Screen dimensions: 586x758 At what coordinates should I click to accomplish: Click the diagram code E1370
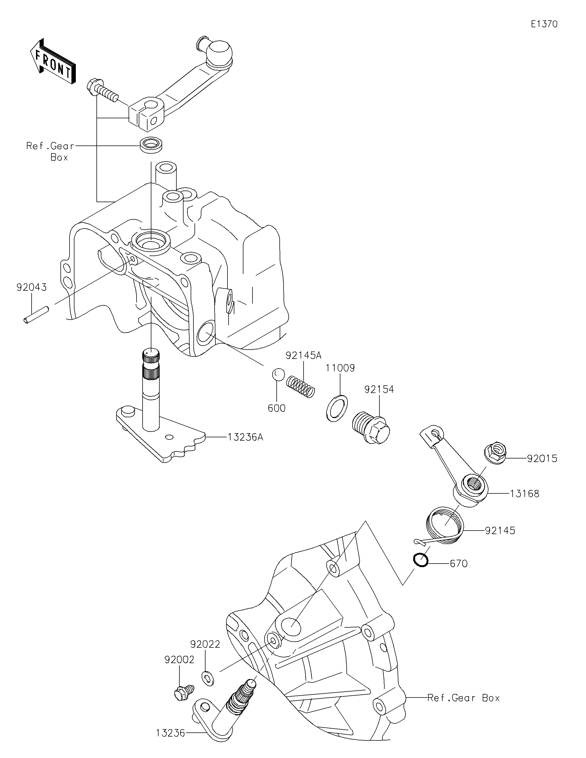click(544, 24)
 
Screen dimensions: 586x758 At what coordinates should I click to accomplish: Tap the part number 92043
click(32, 287)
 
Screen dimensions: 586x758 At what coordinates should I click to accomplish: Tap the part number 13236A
click(246, 437)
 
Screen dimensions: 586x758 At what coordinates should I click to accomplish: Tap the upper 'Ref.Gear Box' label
click(50, 151)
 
